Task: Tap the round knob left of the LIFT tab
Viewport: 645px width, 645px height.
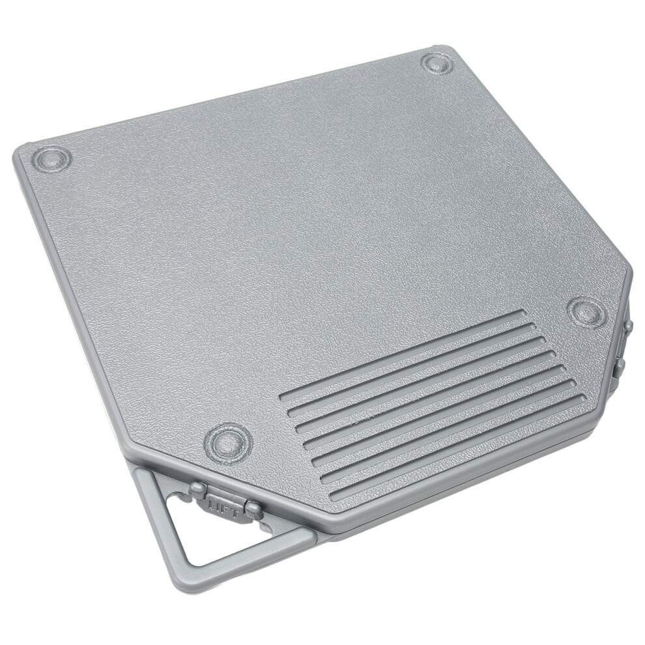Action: pyautogui.click(x=197, y=489)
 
